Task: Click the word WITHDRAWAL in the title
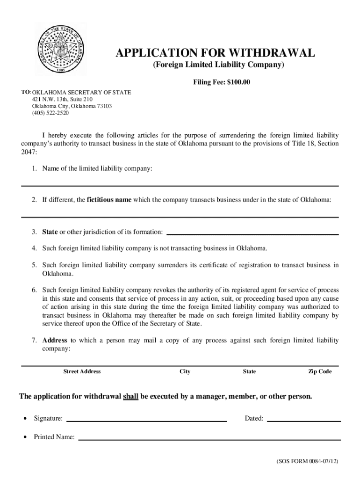pyautogui.click(x=270, y=53)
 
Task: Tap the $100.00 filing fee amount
pyautogui.click(x=238, y=83)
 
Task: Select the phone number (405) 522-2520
pyautogui.click(x=50, y=113)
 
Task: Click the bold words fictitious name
pyautogui.click(x=109, y=200)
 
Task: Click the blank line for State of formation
pyautogui.click(x=252, y=233)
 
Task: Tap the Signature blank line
pyautogui.click(x=147, y=421)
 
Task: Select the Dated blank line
pyautogui.click(x=303, y=421)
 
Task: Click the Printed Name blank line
pyautogui.click(x=209, y=439)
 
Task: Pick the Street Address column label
pyautogui.click(x=82, y=371)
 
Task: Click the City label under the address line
pyautogui.click(x=185, y=371)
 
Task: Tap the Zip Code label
pyautogui.click(x=320, y=371)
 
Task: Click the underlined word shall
pyautogui.click(x=130, y=397)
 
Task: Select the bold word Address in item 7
pyautogui.click(x=55, y=340)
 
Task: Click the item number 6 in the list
pyautogui.click(x=35, y=290)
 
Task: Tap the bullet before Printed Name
pyautogui.click(x=23, y=437)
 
